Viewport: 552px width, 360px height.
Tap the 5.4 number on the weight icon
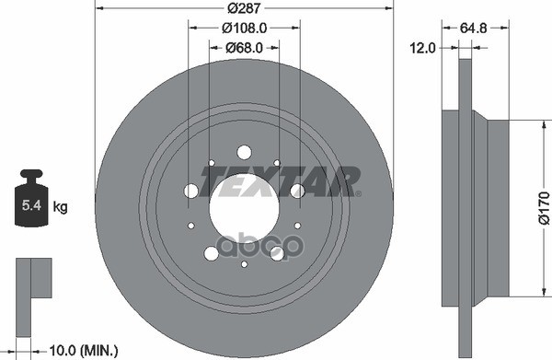[30, 208]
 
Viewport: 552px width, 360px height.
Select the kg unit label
[61, 209]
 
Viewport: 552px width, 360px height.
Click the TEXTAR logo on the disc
[282, 181]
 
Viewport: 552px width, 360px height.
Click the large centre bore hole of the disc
[244, 204]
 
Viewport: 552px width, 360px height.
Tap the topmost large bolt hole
[244, 152]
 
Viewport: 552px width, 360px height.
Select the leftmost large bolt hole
[191, 191]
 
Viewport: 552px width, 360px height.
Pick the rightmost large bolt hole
[297, 191]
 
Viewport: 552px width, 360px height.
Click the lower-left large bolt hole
[211, 252]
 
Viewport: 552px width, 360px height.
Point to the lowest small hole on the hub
[244, 264]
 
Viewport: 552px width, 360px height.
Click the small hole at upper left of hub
[210, 164]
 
